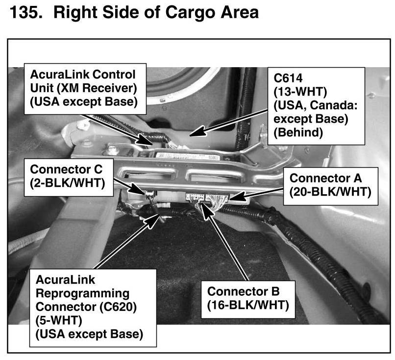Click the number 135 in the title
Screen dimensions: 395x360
(x=25, y=12)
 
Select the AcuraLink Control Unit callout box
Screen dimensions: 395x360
(x=85, y=89)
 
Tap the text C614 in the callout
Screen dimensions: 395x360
(x=288, y=78)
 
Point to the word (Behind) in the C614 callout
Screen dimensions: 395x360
(x=298, y=132)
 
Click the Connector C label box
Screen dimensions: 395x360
(x=69, y=177)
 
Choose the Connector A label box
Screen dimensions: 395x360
(x=330, y=186)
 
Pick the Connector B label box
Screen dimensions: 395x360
(x=248, y=299)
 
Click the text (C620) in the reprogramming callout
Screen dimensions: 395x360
(x=118, y=307)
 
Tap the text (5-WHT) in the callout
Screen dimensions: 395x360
(x=59, y=321)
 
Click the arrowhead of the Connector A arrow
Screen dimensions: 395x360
(x=237, y=196)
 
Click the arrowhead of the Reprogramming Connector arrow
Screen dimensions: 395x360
(x=152, y=219)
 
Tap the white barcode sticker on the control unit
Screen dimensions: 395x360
(x=186, y=156)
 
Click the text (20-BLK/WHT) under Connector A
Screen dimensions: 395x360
(x=330, y=192)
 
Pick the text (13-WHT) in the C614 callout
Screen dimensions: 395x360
(x=300, y=92)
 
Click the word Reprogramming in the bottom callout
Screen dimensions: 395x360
(x=82, y=294)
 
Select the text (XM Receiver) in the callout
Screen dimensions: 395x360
(x=97, y=88)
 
